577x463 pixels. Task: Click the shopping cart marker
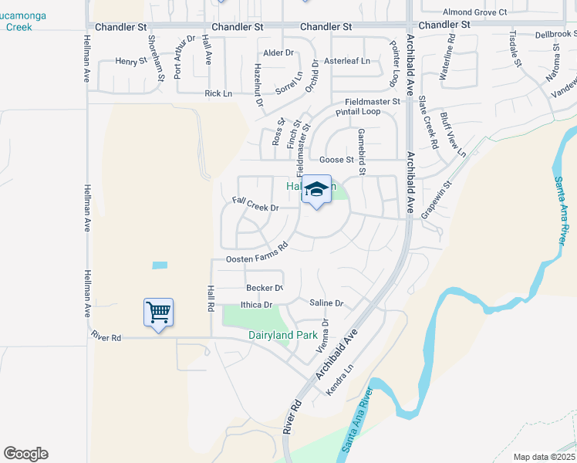tap(158, 313)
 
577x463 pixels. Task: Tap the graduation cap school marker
tap(316, 190)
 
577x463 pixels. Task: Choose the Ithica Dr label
tap(257, 305)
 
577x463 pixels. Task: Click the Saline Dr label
tap(326, 303)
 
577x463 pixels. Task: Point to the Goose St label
tap(336, 161)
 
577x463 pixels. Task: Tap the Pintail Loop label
tap(358, 112)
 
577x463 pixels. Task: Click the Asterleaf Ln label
tap(346, 61)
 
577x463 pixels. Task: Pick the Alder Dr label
tap(278, 53)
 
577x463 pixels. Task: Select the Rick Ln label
tap(218, 93)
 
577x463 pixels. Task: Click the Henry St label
tap(131, 61)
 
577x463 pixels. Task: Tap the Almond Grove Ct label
tap(474, 12)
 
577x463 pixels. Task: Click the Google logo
tap(25, 454)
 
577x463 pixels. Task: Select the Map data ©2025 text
tap(543, 457)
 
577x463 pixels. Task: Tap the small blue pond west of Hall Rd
tap(160, 265)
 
